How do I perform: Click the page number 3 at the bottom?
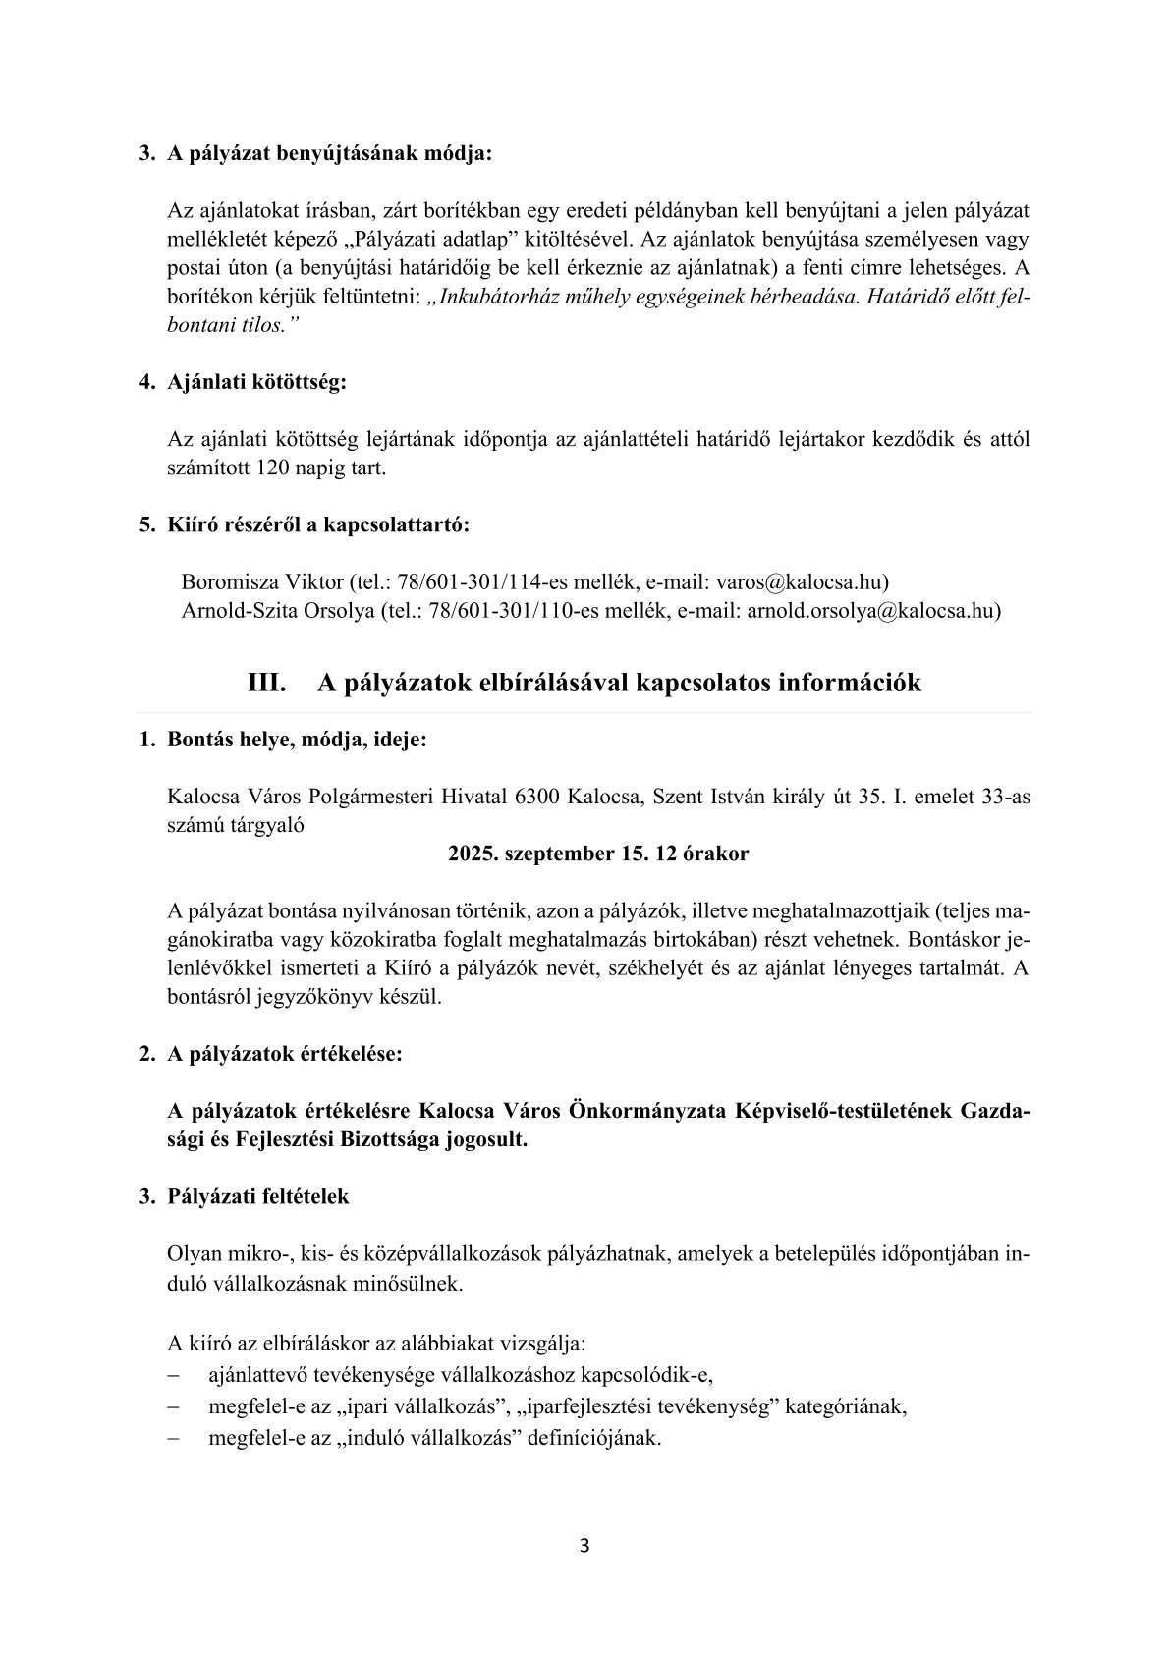click(584, 1546)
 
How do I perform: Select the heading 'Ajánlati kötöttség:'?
click(257, 383)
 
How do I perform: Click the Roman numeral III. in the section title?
click(266, 684)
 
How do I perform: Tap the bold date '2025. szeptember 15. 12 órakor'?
click(598, 854)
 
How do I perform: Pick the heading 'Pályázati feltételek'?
click(258, 1197)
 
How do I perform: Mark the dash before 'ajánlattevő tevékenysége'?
click(173, 1374)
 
